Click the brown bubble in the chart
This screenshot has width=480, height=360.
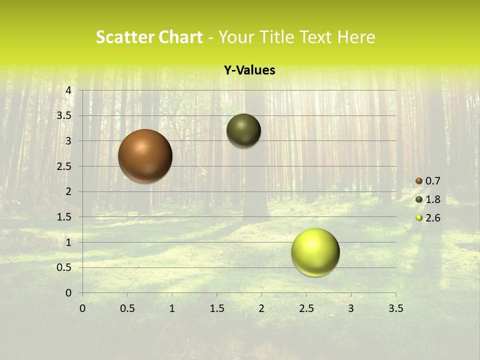point(145,156)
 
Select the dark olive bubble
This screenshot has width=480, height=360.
point(243,131)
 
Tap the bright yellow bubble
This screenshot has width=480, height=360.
point(315,252)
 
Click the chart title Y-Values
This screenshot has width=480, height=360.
point(249,70)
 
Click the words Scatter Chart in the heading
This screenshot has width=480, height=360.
point(149,37)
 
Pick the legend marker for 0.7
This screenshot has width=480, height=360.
point(419,181)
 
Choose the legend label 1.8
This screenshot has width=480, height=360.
point(433,199)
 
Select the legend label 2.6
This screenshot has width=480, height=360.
point(433,218)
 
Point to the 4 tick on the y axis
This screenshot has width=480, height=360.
point(68,90)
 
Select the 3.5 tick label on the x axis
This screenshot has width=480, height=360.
point(395,308)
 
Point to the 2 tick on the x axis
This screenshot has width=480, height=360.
point(261,308)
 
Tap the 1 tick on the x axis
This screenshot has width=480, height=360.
point(172,308)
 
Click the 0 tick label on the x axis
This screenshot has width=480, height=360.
point(82,308)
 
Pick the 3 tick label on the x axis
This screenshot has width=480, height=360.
point(351,308)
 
